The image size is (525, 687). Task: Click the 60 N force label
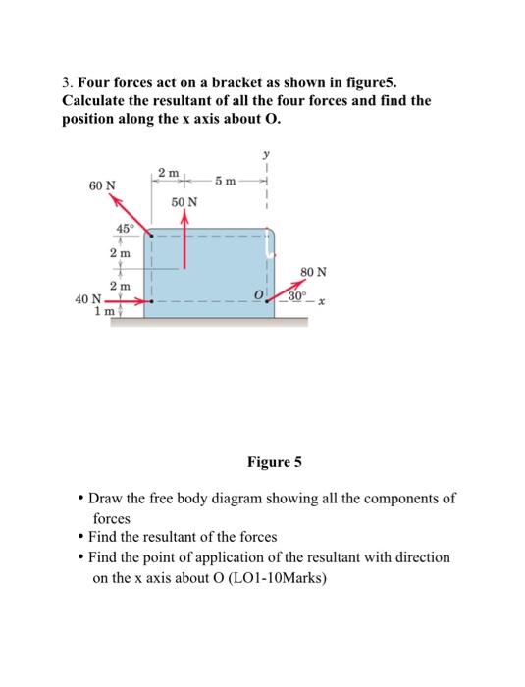click(x=102, y=185)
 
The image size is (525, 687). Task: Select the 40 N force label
click(x=88, y=299)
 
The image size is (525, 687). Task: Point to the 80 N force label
click(x=314, y=271)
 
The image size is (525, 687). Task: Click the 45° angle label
click(x=125, y=229)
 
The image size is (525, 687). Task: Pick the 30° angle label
click(x=298, y=292)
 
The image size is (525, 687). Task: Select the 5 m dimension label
click(x=226, y=180)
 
